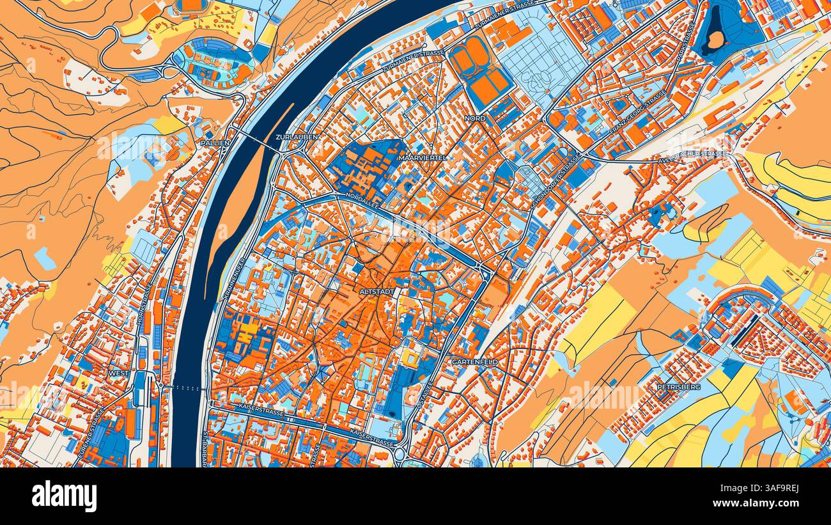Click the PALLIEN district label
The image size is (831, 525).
coord(215,143)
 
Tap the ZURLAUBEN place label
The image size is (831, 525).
coord(296,137)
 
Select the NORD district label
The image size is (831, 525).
coord(475,119)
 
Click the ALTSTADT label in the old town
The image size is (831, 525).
coord(378,291)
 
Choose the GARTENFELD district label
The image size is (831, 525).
coord(474,362)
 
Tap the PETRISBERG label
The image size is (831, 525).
coord(679,387)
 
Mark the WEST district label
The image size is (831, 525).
coord(118,373)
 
